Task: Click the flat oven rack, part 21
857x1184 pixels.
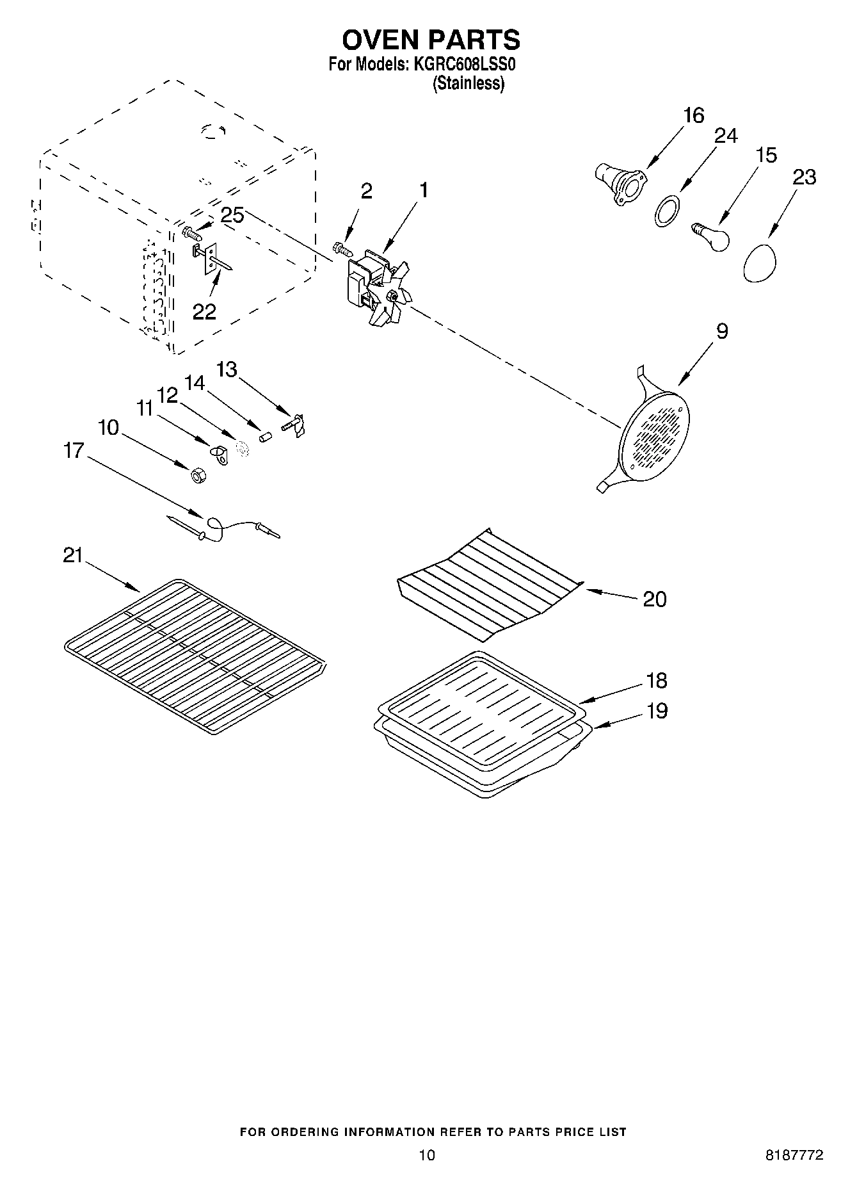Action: pyautogui.click(x=195, y=656)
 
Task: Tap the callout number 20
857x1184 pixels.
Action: pyautogui.click(x=654, y=599)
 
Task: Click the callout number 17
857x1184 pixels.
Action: pyautogui.click(x=74, y=451)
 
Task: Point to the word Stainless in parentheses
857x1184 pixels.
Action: pyautogui.click(x=469, y=83)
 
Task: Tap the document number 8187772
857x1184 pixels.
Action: pyautogui.click(x=794, y=1155)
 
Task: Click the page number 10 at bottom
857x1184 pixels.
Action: pyautogui.click(x=427, y=1155)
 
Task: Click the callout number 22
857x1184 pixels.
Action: pyautogui.click(x=205, y=312)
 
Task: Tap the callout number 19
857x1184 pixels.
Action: pyautogui.click(x=656, y=711)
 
